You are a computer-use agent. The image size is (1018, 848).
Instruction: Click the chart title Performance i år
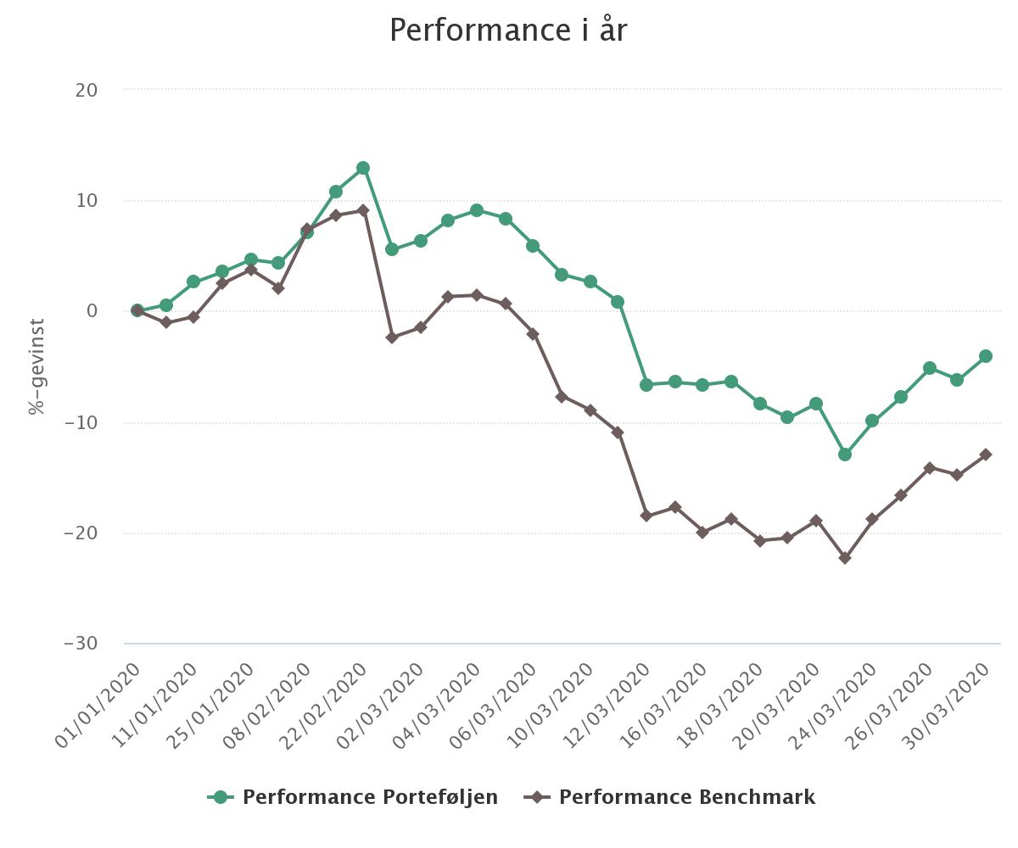point(508,31)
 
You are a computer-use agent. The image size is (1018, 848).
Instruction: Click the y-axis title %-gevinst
point(36,366)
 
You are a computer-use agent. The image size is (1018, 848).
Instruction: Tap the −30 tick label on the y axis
point(81,644)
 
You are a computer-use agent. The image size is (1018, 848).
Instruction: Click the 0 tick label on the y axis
point(92,311)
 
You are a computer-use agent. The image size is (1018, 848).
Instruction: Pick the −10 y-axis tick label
point(81,422)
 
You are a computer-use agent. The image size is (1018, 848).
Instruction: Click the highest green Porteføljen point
point(363,168)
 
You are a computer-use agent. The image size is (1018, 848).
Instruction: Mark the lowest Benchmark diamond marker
point(844,558)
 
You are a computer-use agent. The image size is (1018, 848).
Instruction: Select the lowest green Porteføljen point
point(844,455)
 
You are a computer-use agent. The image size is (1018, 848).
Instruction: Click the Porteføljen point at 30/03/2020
point(986,356)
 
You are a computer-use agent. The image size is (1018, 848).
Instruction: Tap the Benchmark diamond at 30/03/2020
point(986,455)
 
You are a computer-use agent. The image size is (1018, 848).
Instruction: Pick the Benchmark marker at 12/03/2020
point(646,516)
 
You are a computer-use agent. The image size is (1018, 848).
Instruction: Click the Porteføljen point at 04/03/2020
point(477,210)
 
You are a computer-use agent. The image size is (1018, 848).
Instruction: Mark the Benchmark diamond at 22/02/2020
point(363,210)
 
